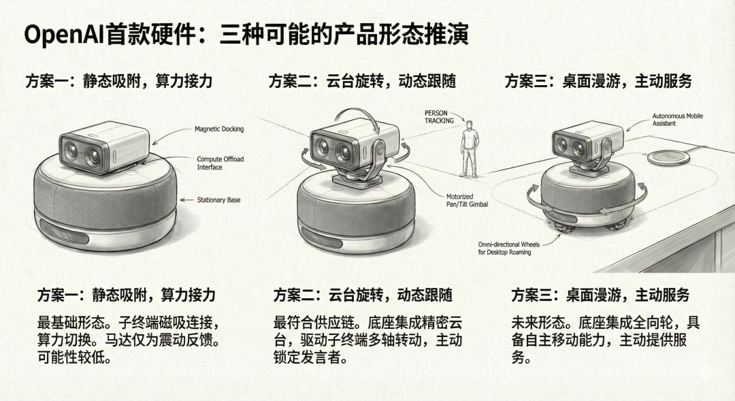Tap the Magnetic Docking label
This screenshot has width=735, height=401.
(x=218, y=129)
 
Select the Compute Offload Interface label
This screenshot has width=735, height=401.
(x=220, y=163)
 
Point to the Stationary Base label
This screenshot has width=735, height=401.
(x=218, y=200)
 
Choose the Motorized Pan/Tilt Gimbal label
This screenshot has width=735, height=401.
(x=463, y=200)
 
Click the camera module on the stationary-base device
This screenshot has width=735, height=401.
(x=103, y=148)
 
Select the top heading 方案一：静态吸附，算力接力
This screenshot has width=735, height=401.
(x=119, y=81)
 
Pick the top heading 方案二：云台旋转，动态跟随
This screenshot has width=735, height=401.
(x=361, y=81)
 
